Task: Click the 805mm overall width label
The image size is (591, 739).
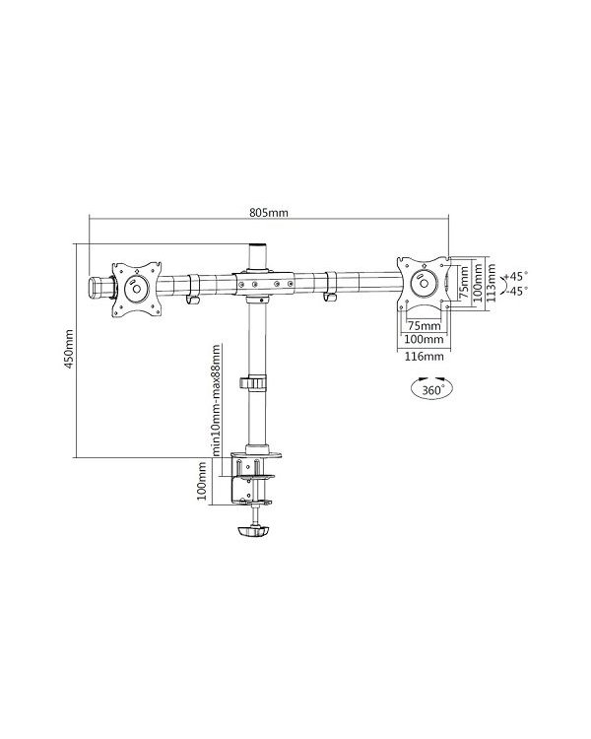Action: (269, 212)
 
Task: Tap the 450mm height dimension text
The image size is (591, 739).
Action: (69, 346)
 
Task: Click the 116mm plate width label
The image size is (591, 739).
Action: (424, 356)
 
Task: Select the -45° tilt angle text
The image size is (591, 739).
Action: (515, 291)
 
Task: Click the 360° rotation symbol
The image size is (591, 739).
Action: (427, 390)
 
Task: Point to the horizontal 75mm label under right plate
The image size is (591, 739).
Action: (424, 324)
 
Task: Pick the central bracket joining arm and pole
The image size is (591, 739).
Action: (261, 282)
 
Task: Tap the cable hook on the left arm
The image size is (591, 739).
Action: (193, 295)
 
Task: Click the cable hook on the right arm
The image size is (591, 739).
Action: (329, 294)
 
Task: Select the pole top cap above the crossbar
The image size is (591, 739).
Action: (260, 252)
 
